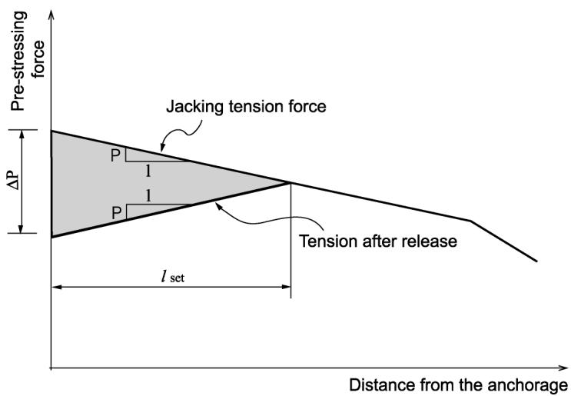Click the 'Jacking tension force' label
246,107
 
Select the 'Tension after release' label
378,241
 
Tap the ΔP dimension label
15,181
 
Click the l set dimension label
173,277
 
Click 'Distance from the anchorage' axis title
458,385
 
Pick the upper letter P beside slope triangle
115,156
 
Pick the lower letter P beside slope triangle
116,213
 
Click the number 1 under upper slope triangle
148,171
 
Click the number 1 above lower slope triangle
148,196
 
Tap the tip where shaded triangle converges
290,182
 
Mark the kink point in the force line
470,221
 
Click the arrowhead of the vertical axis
51,15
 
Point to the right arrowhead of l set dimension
286,287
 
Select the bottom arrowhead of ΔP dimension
22,228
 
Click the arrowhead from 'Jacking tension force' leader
163,147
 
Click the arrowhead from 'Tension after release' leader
219,207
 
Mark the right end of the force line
536,261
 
